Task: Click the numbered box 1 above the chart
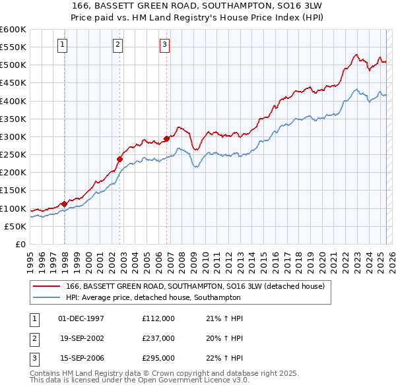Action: click(61, 45)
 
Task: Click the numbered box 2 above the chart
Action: click(117, 45)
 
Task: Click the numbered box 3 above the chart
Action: click(164, 45)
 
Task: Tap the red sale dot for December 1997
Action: click(64, 204)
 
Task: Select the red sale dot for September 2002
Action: click(120, 159)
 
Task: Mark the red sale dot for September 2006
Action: click(166, 138)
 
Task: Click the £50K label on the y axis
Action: click(16, 226)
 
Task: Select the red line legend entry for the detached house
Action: click(195, 287)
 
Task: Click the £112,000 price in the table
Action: click(158, 318)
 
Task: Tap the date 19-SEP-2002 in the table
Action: click(81, 338)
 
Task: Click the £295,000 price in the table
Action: click(158, 358)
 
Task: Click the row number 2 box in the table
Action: click(33, 338)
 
